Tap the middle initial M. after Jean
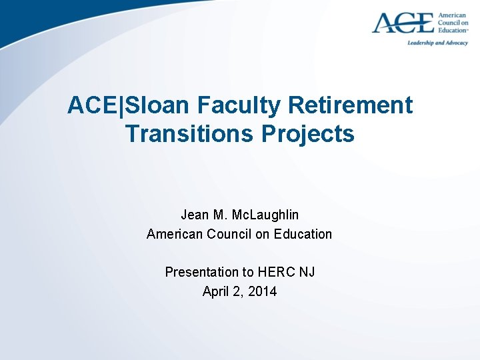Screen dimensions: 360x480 coord(220,215)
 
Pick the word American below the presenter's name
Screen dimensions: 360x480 coord(173,234)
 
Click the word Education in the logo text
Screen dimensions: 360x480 coord(453,31)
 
